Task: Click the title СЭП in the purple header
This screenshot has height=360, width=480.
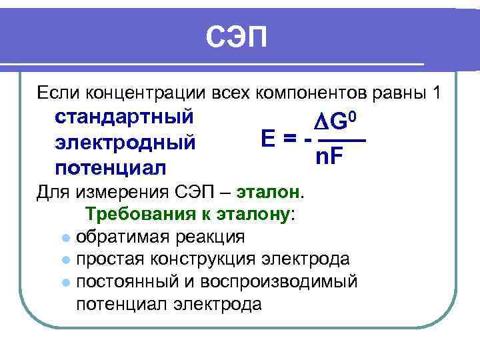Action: click(x=236, y=38)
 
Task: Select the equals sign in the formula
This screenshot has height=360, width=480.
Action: click(x=289, y=141)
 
